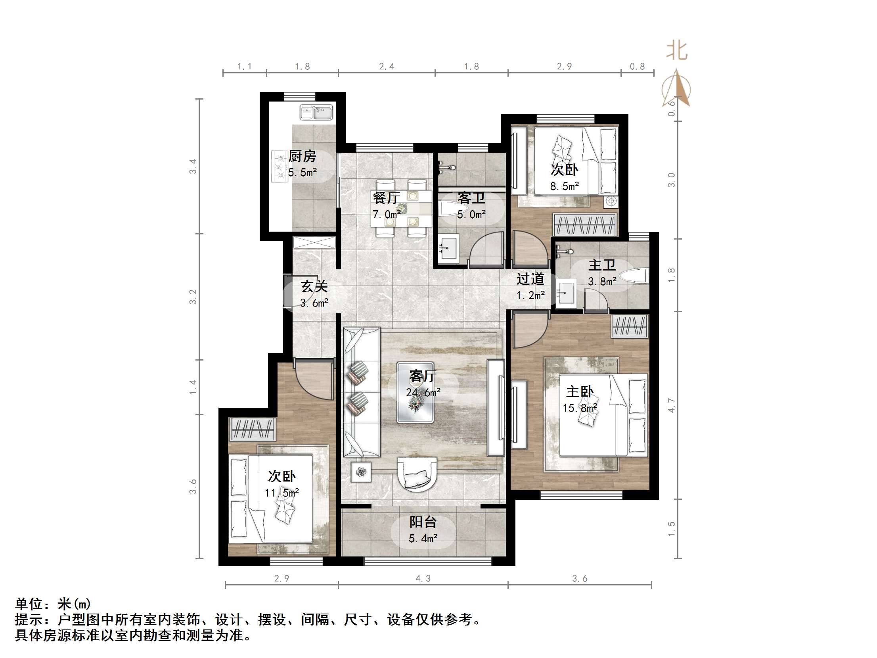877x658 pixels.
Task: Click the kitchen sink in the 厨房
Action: point(316,113)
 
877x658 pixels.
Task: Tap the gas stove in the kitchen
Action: point(279,167)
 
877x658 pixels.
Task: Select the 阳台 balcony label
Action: point(423,522)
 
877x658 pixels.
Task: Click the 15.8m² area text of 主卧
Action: point(580,408)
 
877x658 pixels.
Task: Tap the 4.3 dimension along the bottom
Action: point(423,579)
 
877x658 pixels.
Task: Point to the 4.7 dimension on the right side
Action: point(671,405)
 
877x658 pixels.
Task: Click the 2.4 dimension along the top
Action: point(387,67)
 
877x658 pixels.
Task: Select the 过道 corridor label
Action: point(530,279)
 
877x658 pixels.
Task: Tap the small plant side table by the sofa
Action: point(361,472)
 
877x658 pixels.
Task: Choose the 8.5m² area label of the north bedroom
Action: point(564,186)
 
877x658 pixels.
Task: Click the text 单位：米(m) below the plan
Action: point(53,604)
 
